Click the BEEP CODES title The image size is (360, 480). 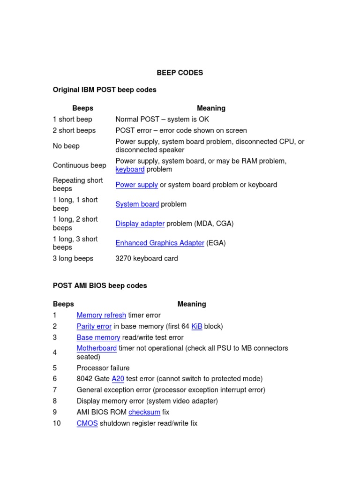(180, 73)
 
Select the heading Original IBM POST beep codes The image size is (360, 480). (105, 90)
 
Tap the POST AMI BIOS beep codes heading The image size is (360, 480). (100, 285)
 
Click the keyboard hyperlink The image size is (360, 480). (130, 169)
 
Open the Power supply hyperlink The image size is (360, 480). (136, 185)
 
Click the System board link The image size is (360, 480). (137, 204)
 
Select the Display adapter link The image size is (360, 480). (140, 224)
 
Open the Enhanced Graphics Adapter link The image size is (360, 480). (160, 243)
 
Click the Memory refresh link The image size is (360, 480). (101, 315)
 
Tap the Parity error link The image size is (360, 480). (94, 326)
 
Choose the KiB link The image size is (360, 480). (197, 326)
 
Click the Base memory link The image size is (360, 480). (98, 337)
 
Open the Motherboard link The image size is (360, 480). (97, 348)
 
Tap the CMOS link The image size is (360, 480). (87, 423)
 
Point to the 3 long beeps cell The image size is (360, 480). (73, 258)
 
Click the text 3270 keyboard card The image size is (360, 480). (147, 258)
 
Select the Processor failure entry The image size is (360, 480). (103, 368)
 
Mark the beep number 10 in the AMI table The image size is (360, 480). (57, 423)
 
